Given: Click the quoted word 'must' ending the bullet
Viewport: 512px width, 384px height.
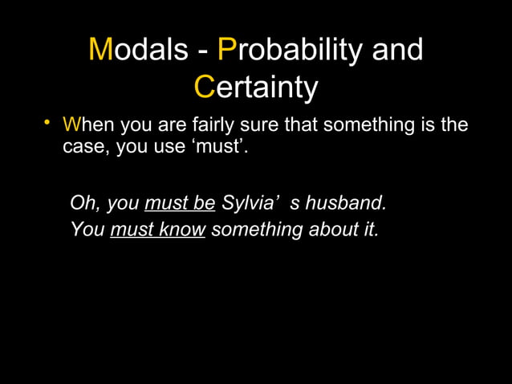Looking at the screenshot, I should click(x=223, y=149).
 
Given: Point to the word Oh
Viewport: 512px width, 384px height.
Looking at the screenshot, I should click(x=83, y=202).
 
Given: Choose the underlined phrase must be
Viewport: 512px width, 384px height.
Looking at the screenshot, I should click(x=180, y=202).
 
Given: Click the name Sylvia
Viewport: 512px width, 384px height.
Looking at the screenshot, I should click(x=248, y=202).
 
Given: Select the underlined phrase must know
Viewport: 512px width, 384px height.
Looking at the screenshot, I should click(x=158, y=229).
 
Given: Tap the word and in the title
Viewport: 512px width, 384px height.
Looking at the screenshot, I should click(x=396, y=50).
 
